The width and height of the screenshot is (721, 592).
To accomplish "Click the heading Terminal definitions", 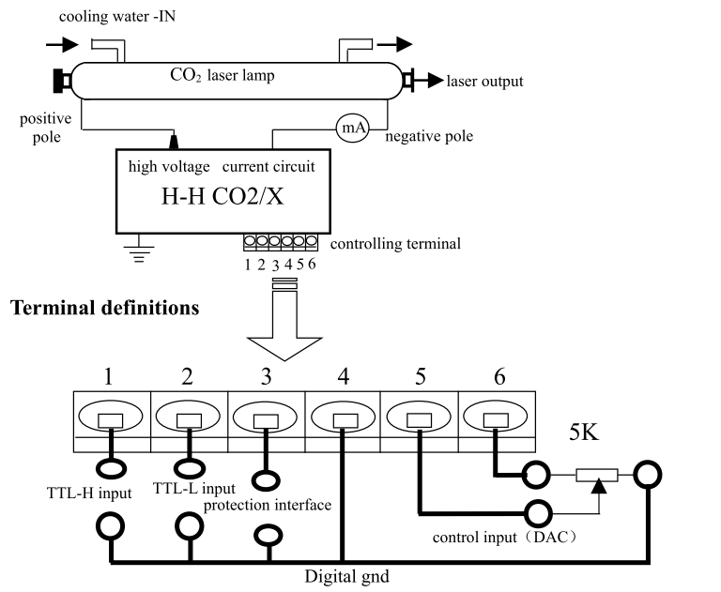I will [x=105, y=307].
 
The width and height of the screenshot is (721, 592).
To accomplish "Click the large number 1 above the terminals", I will [x=111, y=378].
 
